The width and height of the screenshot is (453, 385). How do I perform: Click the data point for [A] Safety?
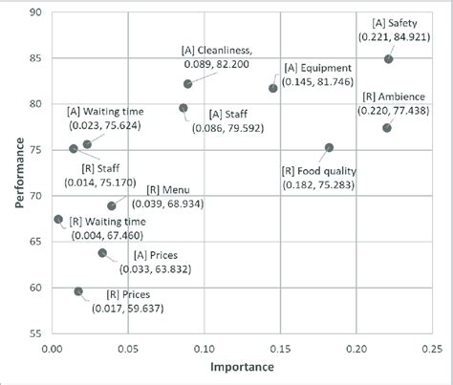388,59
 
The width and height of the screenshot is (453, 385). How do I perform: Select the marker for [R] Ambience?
386,128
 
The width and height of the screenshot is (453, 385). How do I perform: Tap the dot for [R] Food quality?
329,148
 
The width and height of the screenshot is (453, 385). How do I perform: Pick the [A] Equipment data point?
273,88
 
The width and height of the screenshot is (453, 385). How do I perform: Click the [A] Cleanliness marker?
188,84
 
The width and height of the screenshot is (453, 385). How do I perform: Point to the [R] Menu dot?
112,205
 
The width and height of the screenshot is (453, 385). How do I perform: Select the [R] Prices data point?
78,291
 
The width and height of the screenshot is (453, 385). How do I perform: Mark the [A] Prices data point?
102,253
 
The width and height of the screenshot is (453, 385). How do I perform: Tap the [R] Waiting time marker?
58,219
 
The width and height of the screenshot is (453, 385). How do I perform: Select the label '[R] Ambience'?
388,96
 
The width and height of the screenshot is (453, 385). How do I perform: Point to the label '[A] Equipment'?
319,69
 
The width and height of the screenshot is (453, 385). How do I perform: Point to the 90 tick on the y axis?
37,13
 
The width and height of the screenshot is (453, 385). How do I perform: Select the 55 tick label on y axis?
37,334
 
